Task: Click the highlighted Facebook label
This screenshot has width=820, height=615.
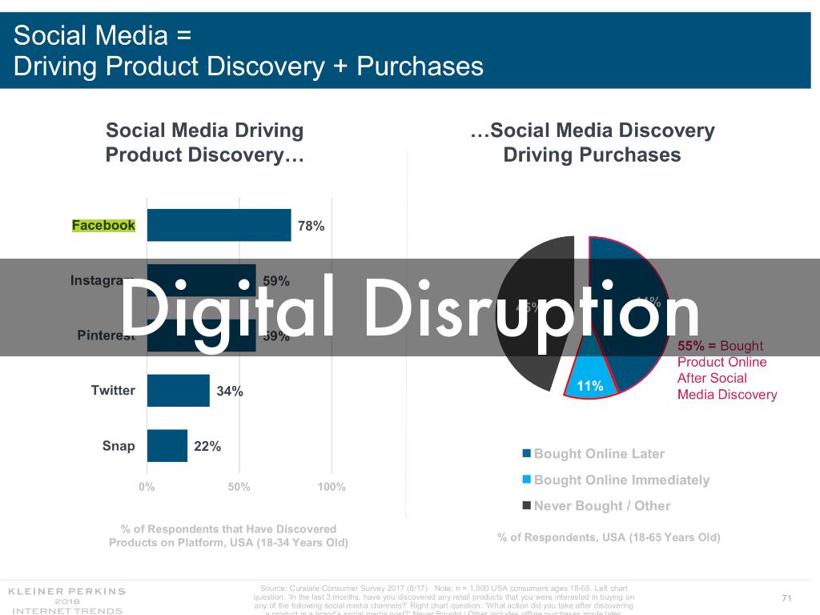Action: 103,225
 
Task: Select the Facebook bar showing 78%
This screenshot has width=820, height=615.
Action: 219,225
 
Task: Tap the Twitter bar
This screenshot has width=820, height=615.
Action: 178,391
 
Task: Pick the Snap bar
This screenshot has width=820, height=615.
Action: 167,446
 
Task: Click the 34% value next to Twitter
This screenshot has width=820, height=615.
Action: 230,392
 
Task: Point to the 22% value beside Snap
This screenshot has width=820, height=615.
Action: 207,447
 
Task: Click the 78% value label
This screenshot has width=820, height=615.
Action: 311,226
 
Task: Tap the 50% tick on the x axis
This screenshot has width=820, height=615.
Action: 239,487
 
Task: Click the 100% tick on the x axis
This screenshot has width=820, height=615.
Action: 332,487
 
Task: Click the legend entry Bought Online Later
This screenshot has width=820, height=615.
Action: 598,454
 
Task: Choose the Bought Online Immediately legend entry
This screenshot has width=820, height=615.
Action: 621,480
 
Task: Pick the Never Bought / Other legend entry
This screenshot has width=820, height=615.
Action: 601,505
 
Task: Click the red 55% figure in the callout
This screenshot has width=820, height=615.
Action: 691,346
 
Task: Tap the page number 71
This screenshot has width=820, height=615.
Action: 786,598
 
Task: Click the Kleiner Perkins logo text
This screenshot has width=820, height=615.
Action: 66,592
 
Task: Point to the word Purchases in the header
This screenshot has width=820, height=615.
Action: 420,65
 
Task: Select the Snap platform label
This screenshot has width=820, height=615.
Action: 119,446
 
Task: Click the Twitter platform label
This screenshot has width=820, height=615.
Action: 113,391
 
